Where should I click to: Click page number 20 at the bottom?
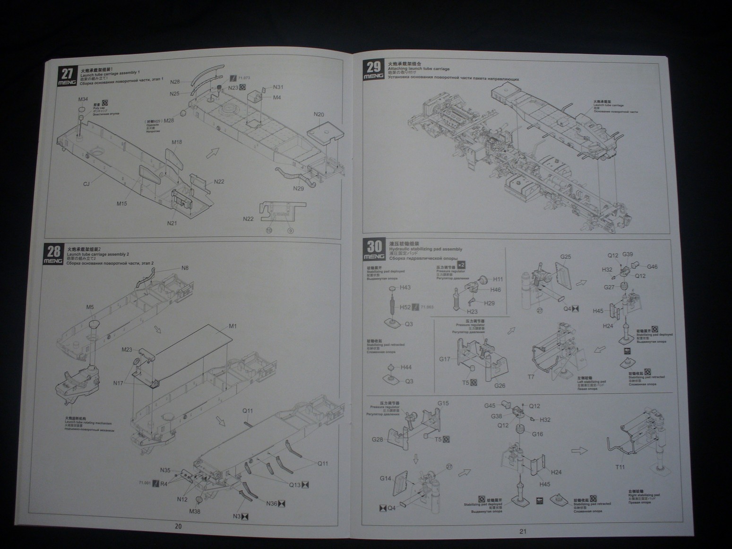[178, 526]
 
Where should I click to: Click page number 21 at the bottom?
[523, 531]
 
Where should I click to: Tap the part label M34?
[83, 99]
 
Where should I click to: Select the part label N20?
[319, 114]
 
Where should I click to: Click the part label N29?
[298, 189]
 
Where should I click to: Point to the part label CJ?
[86, 184]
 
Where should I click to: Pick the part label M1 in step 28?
[233, 326]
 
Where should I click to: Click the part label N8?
[185, 268]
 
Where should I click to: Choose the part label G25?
[565, 257]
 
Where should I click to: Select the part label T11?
[619, 467]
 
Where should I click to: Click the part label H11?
[498, 279]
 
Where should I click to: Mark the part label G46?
[652, 266]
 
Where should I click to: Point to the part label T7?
[531, 377]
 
